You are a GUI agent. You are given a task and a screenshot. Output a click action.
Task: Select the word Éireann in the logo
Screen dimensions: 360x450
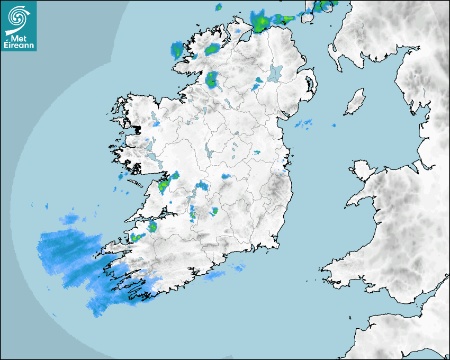tap(19, 46)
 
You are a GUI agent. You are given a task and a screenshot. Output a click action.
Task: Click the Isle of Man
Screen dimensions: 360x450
tap(355, 102)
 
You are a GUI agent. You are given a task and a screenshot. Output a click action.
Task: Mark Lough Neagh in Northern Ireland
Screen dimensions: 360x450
tap(275, 73)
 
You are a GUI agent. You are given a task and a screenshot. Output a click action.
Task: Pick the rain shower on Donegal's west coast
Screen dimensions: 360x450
tap(176, 50)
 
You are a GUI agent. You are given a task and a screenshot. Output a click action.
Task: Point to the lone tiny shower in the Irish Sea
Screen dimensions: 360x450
tap(334, 125)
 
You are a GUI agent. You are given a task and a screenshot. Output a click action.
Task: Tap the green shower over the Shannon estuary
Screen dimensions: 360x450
tap(164, 184)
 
